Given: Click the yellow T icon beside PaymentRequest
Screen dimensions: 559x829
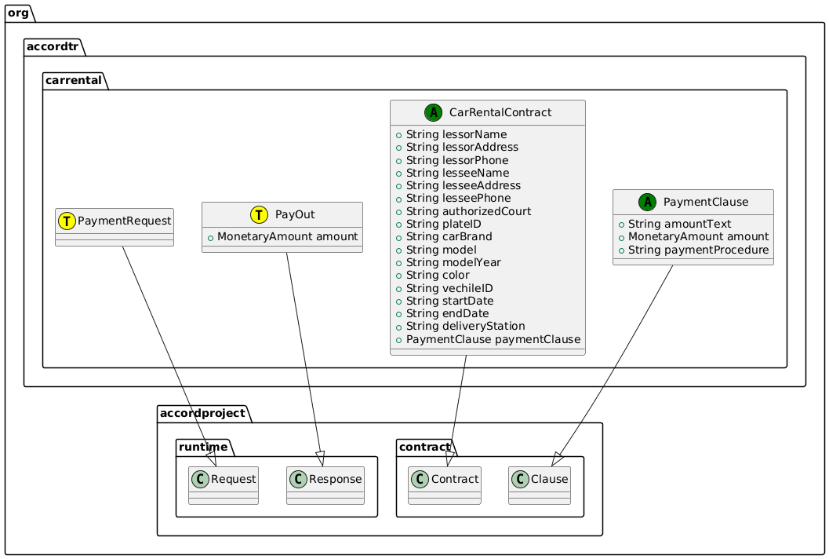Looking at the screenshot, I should pos(67,221).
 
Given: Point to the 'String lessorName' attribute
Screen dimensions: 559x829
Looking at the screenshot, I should pos(456,134).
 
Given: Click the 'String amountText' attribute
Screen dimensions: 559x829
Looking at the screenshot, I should pos(679,224).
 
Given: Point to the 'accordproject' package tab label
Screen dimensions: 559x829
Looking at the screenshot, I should pos(203,413).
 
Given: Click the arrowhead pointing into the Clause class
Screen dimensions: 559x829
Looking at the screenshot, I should pos(558,456).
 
